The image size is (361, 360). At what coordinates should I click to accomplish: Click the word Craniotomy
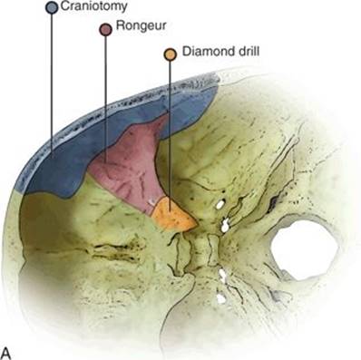[x=94, y=6]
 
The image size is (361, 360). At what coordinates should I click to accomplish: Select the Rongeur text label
[x=141, y=25]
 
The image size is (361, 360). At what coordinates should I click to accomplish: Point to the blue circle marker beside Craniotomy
[x=52, y=7]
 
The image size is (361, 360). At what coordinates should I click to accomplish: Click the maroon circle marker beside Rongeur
[x=106, y=30]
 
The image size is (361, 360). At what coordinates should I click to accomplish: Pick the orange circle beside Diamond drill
[x=171, y=54]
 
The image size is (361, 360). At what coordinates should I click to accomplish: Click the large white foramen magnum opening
[x=304, y=250]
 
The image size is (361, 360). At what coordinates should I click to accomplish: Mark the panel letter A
[x=6, y=353]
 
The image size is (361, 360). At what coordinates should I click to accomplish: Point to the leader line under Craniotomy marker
[x=52, y=82]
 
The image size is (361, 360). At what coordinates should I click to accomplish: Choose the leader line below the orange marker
[x=170, y=135]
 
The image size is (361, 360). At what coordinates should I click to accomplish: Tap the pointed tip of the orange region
[x=198, y=224]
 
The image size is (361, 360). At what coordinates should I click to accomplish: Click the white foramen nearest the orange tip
[x=220, y=205]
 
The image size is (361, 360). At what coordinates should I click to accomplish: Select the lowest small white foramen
[x=221, y=298]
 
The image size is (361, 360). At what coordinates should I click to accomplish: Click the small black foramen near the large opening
[x=275, y=199]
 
